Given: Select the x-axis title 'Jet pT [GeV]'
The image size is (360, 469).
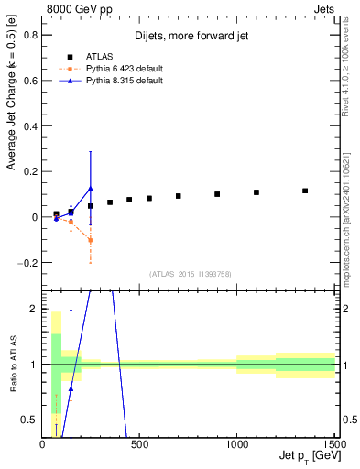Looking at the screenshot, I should pos(307,455).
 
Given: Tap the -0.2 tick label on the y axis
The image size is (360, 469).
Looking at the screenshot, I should pos(27,263).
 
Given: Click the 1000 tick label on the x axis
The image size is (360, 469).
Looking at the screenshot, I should pos(236,444).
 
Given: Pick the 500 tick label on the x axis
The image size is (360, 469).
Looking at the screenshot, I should pos(139,444).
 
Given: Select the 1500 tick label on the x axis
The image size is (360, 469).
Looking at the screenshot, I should pos(331,444).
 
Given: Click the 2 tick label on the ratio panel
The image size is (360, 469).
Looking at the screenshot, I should pos(33,310).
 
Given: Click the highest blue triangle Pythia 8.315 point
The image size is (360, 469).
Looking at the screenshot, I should pos(90,189).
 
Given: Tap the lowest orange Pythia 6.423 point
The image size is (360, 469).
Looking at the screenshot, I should pos(90,240).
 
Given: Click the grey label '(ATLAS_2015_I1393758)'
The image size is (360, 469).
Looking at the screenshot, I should pos(190,274).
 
